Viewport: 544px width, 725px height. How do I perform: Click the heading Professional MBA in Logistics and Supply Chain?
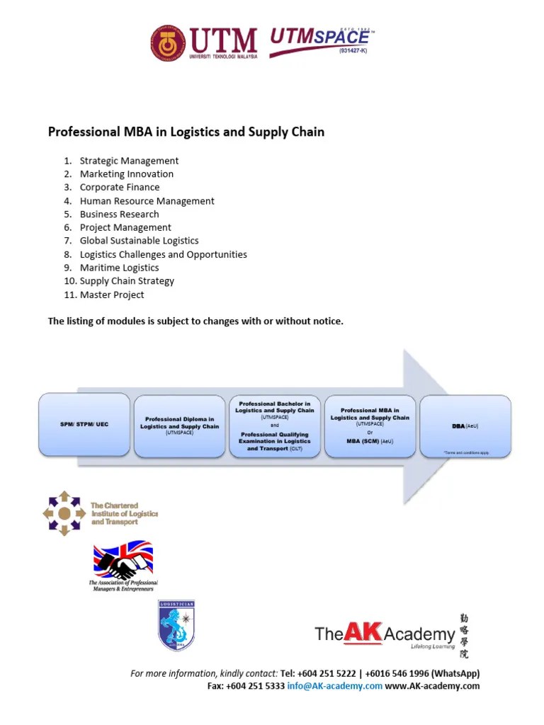tap(186, 132)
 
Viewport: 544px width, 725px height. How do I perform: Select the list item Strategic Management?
tap(129, 161)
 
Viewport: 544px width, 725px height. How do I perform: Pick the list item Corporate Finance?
tap(120, 188)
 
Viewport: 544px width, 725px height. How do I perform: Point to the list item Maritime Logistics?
tap(119, 268)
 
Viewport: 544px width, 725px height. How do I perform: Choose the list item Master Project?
tap(112, 295)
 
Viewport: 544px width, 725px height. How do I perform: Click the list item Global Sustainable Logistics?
tap(139, 241)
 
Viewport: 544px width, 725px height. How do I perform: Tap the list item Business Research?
tap(119, 214)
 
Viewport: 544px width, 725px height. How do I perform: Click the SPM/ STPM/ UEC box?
tap(85, 425)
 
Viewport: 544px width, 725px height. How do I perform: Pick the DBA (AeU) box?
tap(465, 426)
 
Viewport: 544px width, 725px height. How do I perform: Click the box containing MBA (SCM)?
tap(370, 425)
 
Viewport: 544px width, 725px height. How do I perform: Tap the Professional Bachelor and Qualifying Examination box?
tap(275, 425)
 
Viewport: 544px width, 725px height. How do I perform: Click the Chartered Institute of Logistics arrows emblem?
tap(64, 513)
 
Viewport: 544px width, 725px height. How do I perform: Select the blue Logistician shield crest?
tap(176, 625)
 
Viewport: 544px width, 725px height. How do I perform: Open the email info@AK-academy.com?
tap(334, 686)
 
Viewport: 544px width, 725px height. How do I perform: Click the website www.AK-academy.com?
tap(432, 686)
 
